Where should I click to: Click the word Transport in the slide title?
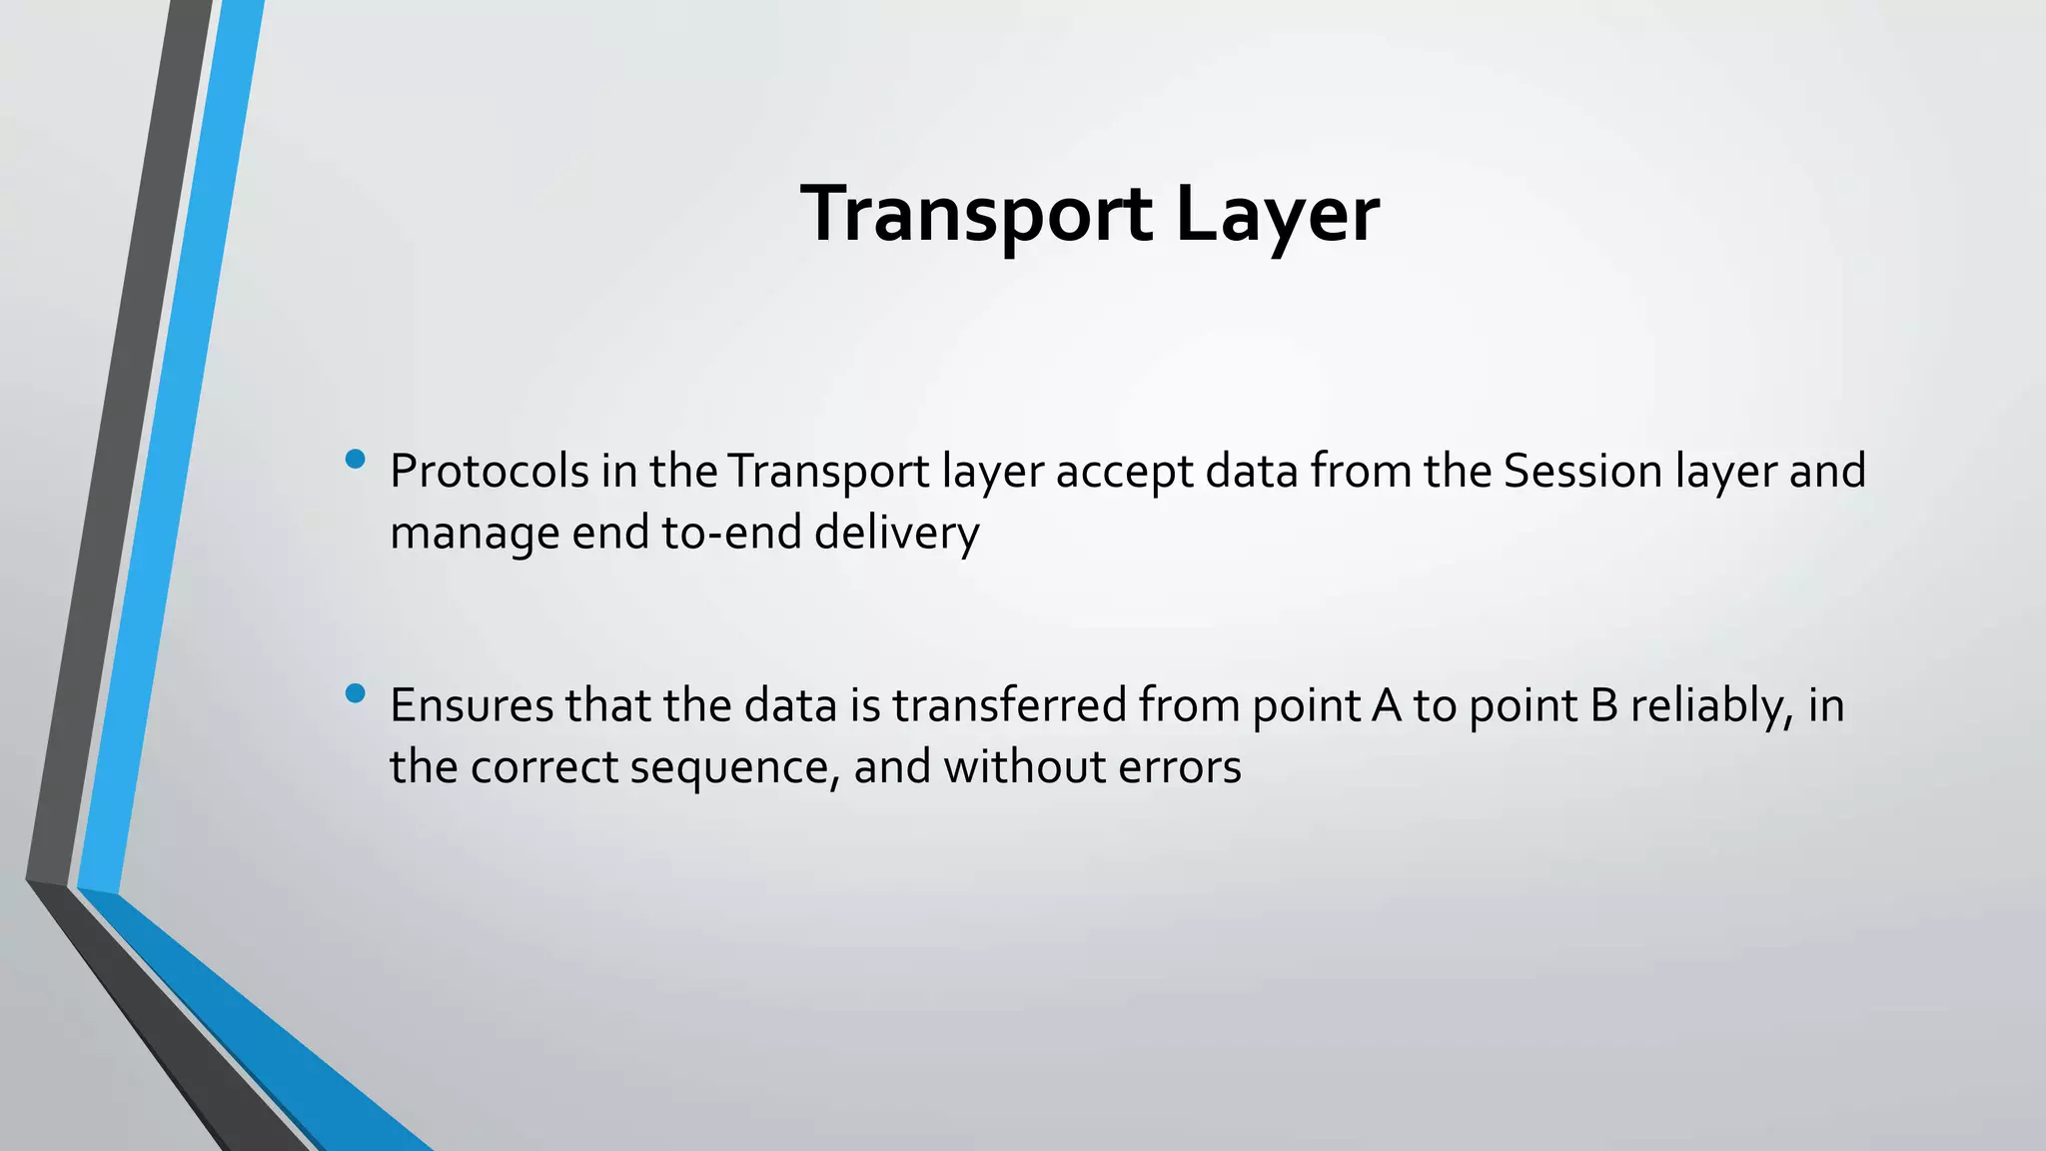click(x=976, y=215)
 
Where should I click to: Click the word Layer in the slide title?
click(x=1278, y=215)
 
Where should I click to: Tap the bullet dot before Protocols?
click(x=355, y=460)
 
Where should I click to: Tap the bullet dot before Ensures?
click(x=355, y=693)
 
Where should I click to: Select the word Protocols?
click(x=490, y=472)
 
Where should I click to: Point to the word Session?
click(x=1581, y=472)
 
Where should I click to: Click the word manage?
click(x=475, y=534)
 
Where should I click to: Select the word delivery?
click(x=896, y=534)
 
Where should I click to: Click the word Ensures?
click(x=472, y=705)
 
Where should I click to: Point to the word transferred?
click(x=1009, y=705)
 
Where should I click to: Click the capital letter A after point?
click(x=1387, y=705)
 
